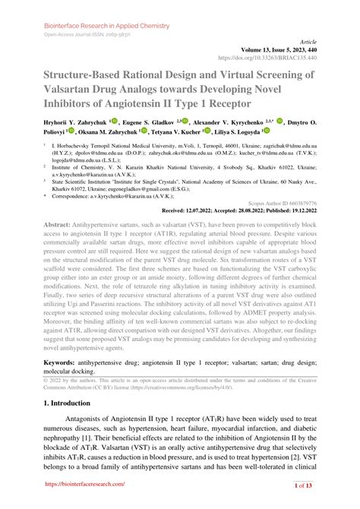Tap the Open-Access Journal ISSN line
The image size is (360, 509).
click(78, 35)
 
